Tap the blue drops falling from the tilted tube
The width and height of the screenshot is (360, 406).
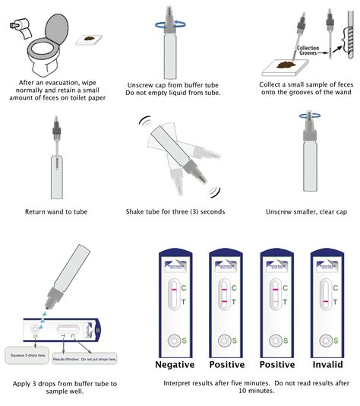pyautogui.click(x=38, y=309)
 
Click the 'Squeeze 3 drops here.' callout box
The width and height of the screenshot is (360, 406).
pyautogui.click(x=28, y=354)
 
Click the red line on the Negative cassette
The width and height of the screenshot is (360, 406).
pyautogui.click(x=173, y=289)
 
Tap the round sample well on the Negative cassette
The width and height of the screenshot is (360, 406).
pyautogui.click(x=173, y=339)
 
